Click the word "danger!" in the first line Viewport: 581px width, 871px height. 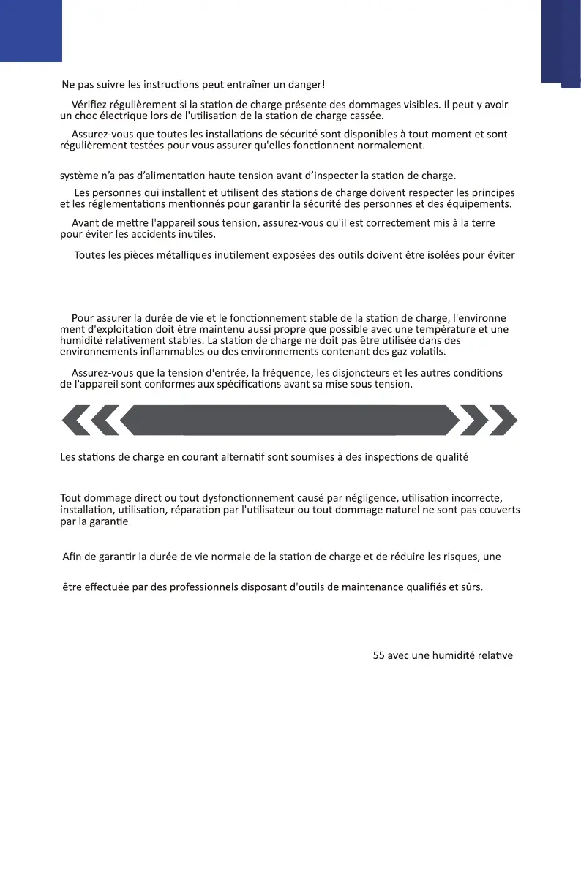[305, 86]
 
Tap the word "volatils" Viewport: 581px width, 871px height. [424, 351]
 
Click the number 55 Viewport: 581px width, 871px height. [379, 655]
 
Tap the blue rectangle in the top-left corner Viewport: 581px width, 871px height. [31, 31]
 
